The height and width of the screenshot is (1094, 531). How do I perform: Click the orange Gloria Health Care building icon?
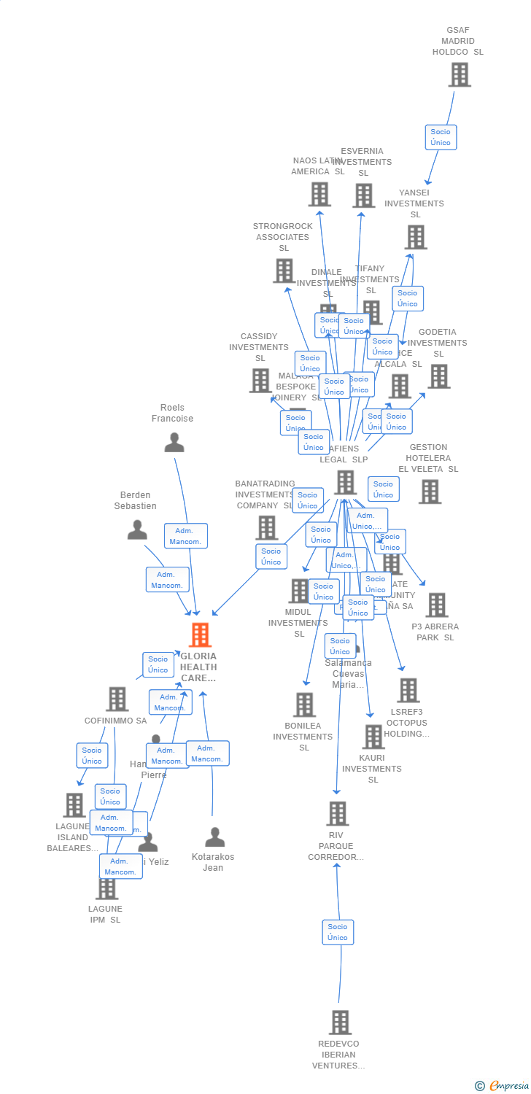tap(200, 635)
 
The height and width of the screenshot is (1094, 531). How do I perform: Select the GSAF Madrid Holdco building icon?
tap(460, 74)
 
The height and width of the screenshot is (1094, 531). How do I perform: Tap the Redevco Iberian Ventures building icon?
tap(339, 1023)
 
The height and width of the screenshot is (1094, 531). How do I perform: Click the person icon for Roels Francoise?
tap(174, 442)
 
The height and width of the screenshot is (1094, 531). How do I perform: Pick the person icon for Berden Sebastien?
tap(137, 529)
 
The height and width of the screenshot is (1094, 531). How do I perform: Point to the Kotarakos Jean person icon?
tap(214, 837)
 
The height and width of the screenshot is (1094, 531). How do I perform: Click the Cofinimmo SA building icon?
tap(117, 699)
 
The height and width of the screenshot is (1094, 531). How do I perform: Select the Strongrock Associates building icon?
tap(284, 271)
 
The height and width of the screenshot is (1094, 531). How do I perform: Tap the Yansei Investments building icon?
tap(415, 237)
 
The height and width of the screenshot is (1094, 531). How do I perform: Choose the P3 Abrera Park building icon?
tap(436, 605)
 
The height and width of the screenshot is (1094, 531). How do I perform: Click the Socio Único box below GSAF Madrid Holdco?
tap(441, 137)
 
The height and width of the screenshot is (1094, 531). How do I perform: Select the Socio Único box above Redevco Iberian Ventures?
tap(338, 932)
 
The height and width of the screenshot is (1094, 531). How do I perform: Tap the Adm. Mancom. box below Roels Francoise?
tap(185, 536)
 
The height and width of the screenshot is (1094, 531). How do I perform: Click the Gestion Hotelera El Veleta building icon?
tap(430, 492)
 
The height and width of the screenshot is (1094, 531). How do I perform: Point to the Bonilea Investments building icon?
tap(304, 705)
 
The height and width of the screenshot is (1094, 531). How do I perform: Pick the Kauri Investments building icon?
tap(373, 737)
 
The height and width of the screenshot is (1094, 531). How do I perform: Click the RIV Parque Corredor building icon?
tap(337, 813)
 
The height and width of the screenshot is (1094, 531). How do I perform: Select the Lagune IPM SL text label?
tap(105, 914)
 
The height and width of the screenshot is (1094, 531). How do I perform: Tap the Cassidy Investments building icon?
tap(260, 380)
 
